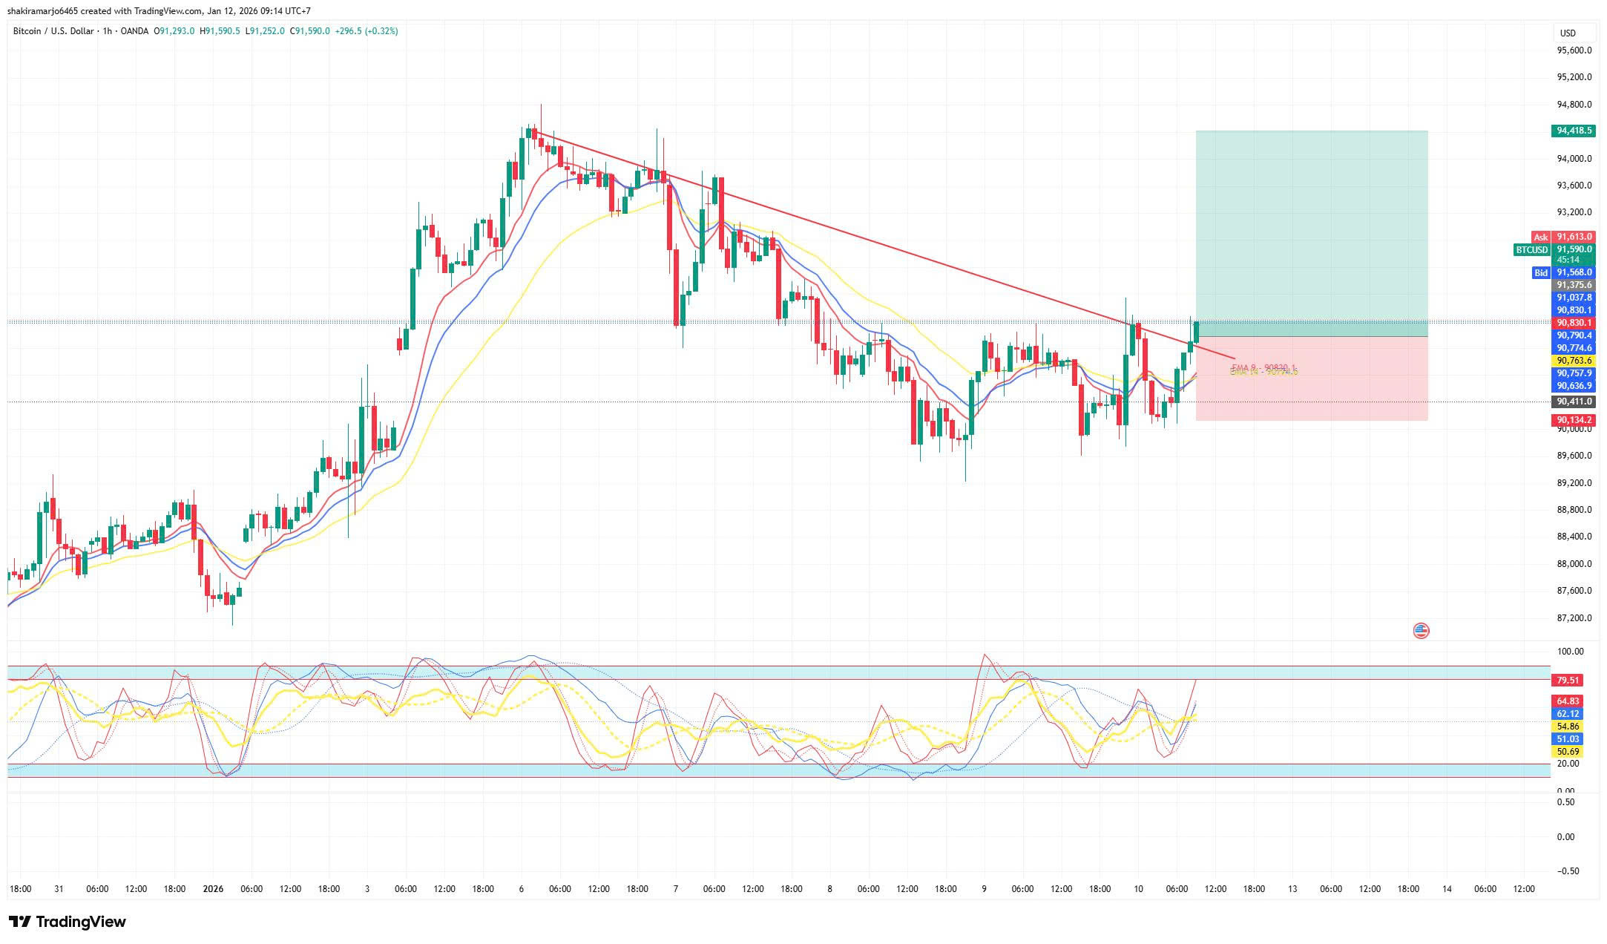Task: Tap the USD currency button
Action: [1567, 33]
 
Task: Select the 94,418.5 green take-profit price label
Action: [1574, 131]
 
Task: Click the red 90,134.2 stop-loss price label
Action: [1574, 420]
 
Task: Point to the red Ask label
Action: [1541, 237]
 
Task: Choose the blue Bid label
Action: [1541, 272]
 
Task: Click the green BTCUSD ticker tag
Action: [1531, 249]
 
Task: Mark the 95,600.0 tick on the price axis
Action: [1574, 50]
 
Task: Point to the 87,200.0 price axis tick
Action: [1574, 617]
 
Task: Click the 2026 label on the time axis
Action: [212, 888]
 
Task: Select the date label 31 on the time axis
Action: [59, 888]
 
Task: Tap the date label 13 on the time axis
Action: [1292, 888]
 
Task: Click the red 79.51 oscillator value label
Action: [1568, 680]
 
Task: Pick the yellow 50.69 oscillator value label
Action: [1568, 752]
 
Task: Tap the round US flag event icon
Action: [1421, 631]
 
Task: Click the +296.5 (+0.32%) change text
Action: [366, 31]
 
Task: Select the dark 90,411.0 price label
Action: [1574, 401]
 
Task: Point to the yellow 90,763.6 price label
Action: [1574, 361]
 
